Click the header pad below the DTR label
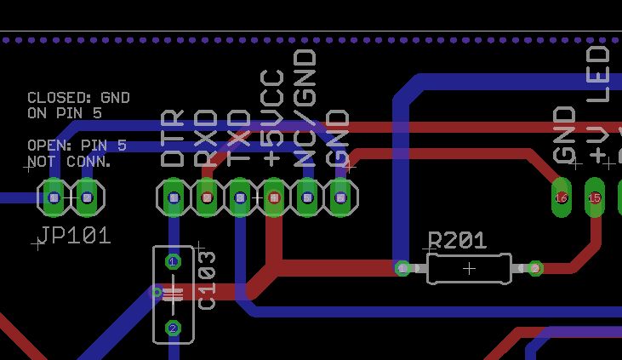(174, 198)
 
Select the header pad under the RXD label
(207, 198)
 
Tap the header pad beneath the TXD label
(240, 198)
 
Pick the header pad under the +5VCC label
(273, 198)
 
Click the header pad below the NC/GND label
(307, 198)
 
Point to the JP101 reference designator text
(75, 236)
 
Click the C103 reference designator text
(207, 280)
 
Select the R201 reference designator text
(457, 242)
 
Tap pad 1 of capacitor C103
(173, 261)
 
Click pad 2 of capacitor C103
(173, 328)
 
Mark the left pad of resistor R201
(402, 268)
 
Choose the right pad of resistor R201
(535, 268)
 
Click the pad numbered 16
(561, 197)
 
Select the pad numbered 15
(595, 197)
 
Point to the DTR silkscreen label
(174, 139)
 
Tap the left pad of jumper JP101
(54, 198)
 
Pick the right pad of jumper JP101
(86, 198)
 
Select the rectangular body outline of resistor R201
(469, 268)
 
